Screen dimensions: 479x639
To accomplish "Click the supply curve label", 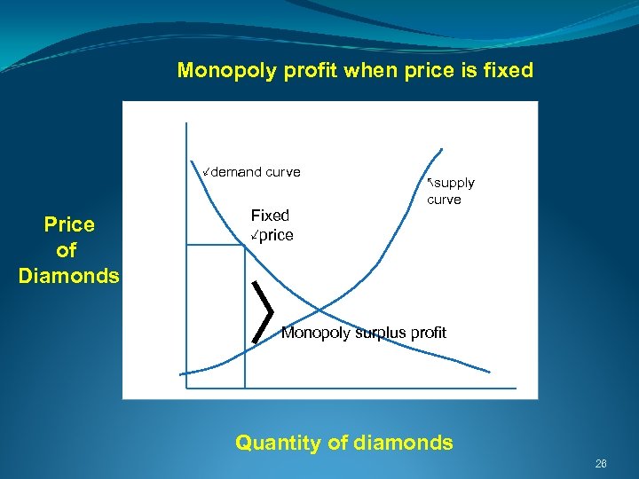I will point(452,191).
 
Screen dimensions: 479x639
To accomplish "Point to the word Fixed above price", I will point(270,215).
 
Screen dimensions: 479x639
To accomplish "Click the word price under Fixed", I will point(275,235).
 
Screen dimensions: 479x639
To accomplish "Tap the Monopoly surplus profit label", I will point(363,333).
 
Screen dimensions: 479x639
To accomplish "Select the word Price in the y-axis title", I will point(69,224).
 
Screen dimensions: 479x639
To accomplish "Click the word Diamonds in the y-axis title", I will point(69,276).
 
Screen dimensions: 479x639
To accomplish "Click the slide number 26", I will point(601,464).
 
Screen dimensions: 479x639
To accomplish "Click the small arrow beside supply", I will point(430,181).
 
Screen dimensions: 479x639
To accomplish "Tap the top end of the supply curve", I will point(441,147).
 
